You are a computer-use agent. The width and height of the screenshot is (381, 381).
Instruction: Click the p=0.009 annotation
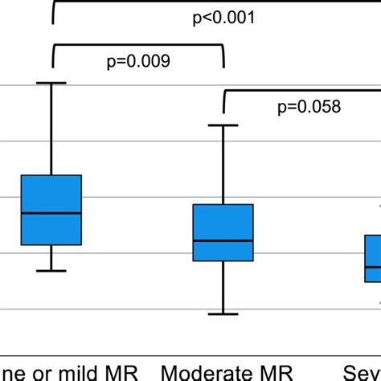[x=138, y=61]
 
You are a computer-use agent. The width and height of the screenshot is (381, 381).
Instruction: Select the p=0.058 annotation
[x=309, y=106]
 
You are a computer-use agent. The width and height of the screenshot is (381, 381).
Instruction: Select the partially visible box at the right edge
[x=372, y=258]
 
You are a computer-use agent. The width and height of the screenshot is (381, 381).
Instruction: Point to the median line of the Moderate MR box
[x=223, y=240]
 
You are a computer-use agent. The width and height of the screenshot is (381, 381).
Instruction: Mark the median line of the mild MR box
[x=51, y=213]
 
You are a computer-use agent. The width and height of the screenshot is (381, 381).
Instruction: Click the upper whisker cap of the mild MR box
[x=51, y=83]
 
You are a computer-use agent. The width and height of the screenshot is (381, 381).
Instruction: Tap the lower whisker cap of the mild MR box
[x=51, y=271]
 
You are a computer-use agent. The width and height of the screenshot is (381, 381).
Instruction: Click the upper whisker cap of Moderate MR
[x=223, y=125]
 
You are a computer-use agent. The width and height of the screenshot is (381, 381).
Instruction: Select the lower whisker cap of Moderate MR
[x=223, y=313]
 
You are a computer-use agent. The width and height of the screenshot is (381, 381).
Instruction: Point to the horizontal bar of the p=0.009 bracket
[x=138, y=46]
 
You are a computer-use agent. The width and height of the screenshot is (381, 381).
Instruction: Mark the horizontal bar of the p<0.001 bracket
[x=217, y=2]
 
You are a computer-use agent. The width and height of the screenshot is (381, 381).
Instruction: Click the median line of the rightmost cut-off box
[x=373, y=267]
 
